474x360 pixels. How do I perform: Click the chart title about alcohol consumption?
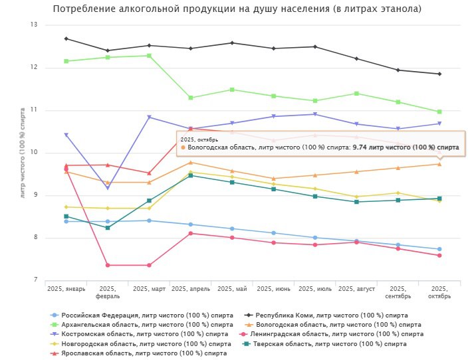coord(237,9)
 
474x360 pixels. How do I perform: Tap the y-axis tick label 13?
coord(34,25)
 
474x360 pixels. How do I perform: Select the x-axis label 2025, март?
coord(150,289)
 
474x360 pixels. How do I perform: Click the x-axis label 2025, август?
coord(358,289)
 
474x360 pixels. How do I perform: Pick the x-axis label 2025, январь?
coord(66,289)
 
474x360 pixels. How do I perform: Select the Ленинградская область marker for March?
coord(149,265)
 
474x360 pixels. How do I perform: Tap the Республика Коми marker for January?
coord(66,39)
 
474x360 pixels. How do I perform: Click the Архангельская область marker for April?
coord(191,98)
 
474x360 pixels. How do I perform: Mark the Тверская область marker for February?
coord(108,228)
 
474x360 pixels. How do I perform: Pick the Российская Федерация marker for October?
coord(439,249)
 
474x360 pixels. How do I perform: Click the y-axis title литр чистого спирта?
coord(23,153)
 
